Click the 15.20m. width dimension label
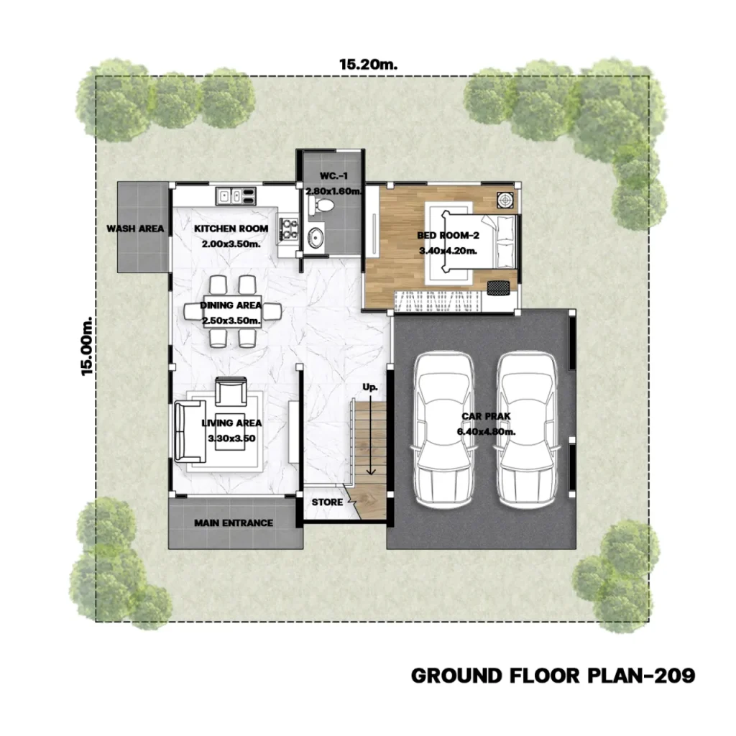point(368,64)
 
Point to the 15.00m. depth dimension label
point(87,346)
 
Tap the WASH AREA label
point(135,229)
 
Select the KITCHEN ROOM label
point(231,229)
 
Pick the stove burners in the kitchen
point(288,229)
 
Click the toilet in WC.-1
point(321,206)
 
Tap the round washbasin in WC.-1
point(315,237)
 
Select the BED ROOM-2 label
point(448,236)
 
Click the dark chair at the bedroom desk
point(498,287)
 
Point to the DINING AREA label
point(231,305)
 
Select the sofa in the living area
point(190,431)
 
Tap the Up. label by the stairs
point(370,387)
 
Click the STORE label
point(327,502)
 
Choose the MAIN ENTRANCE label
point(234,523)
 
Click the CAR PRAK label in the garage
point(486,416)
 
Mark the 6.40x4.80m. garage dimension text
point(486,431)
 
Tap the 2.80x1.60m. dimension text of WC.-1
point(333,191)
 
